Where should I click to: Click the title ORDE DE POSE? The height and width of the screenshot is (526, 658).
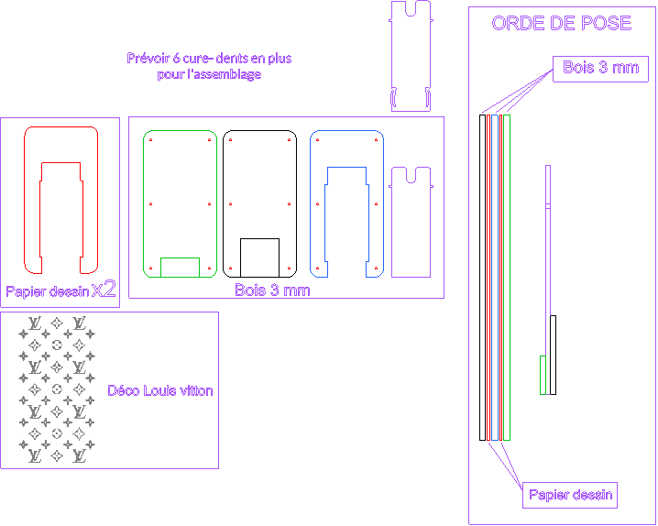click(561, 23)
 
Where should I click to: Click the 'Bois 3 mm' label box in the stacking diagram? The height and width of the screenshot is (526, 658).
click(600, 69)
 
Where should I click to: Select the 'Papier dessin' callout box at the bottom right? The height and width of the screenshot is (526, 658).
click(570, 496)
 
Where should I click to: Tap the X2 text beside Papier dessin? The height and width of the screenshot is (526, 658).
click(104, 290)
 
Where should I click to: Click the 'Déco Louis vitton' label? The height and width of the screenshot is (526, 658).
click(160, 390)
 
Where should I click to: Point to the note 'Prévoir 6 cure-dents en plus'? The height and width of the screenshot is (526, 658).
click(209, 58)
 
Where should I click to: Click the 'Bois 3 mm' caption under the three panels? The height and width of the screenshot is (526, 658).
click(272, 290)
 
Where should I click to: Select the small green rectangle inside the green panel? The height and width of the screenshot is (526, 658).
click(180, 268)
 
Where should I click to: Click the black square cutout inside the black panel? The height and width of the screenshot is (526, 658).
click(259, 258)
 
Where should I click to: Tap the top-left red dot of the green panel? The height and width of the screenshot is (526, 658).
click(150, 139)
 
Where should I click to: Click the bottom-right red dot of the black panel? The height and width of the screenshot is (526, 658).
click(289, 268)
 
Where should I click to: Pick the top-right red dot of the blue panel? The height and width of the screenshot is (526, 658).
click(377, 139)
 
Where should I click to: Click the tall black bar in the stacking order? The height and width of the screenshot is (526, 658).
click(483, 278)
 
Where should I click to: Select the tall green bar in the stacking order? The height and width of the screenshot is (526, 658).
click(507, 278)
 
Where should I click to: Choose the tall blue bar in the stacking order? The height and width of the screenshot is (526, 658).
click(495, 278)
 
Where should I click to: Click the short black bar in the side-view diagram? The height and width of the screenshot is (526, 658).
click(554, 355)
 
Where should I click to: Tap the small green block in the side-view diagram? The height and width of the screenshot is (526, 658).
click(543, 375)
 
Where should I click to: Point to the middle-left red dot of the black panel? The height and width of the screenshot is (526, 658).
click(230, 203)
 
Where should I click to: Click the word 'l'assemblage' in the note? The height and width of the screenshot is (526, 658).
click(225, 74)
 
